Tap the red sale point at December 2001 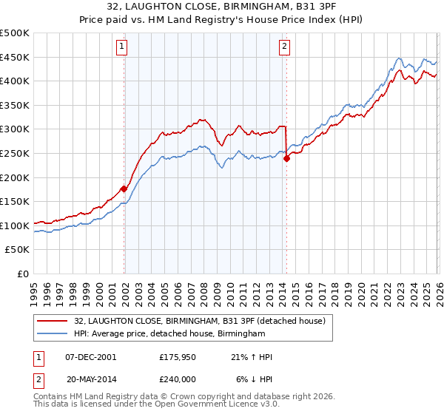pos(124,189)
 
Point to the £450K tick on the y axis pos(16,57)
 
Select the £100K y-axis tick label pos(16,225)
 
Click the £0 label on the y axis pos(23,274)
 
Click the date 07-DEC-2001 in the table pos(91,357)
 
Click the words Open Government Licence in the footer pos(203,406)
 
